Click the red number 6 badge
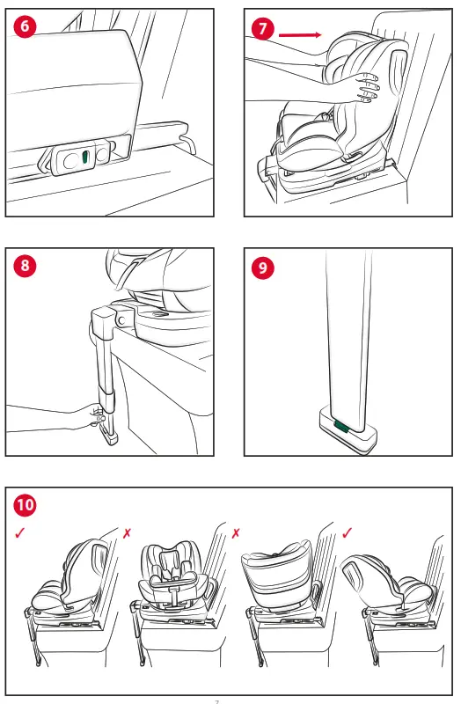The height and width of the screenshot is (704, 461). point(25,26)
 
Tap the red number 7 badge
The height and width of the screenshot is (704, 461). point(261,29)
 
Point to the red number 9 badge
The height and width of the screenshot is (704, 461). point(261,268)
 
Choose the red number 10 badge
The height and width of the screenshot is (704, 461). point(26,505)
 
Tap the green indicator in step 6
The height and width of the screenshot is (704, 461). point(85,157)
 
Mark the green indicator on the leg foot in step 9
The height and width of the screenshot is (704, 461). point(341,427)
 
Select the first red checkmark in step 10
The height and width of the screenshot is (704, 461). point(20,534)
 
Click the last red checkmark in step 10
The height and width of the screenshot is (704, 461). point(348,533)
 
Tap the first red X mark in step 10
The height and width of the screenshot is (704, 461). point(128,534)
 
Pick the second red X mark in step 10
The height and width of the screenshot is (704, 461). point(237,534)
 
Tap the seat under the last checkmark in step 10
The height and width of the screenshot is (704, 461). point(387,581)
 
